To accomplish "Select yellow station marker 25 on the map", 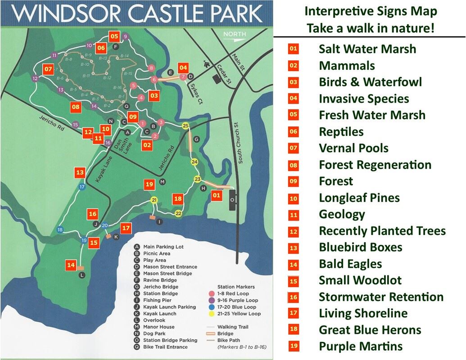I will [185, 126].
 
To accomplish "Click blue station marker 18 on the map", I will [60, 230].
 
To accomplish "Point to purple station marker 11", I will [54, 56].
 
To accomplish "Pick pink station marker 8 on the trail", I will [151, 68].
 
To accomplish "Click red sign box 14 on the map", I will [71, 265].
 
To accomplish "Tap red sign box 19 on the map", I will [149, 184].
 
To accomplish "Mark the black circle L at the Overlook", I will [81, 275].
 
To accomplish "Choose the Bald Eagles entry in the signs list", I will [350, 264].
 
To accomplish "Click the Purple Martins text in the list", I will [360, 346].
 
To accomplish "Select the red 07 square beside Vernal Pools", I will [294, 148].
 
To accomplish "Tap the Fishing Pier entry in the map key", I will [157, 300].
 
